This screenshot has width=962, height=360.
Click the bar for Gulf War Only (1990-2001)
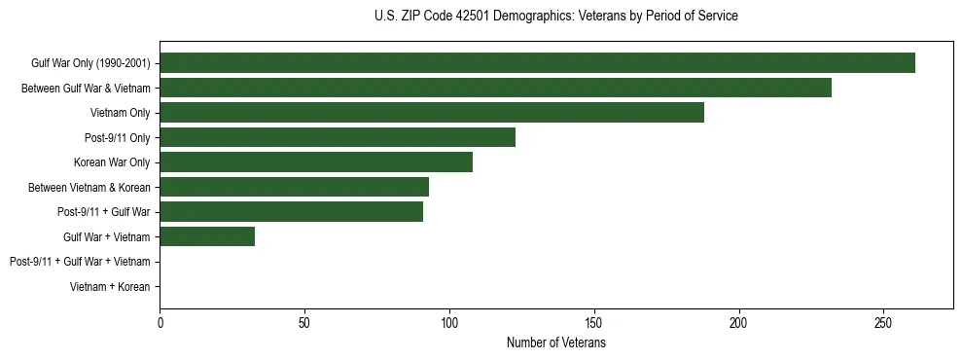coord(537,63)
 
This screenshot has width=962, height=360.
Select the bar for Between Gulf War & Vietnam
coord(495,88)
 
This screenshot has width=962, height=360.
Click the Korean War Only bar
coord(316,162)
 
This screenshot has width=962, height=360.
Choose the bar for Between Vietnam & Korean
coord(294,187)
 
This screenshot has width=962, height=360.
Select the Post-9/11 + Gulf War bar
coord(291,212)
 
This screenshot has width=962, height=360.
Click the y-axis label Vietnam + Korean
coord(110,287)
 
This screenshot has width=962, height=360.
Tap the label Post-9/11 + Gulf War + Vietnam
coord(80,262)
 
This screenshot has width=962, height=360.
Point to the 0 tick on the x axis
coord(160,322)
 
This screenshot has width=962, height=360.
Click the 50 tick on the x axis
coord(304,322)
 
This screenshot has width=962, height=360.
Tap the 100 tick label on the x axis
coord(449,322)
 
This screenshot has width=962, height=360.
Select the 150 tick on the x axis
coord(594,322)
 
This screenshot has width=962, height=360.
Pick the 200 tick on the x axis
coord(738,322)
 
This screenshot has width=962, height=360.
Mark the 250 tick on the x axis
coord(883,322)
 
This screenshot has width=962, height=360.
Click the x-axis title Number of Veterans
coord(555,343)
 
